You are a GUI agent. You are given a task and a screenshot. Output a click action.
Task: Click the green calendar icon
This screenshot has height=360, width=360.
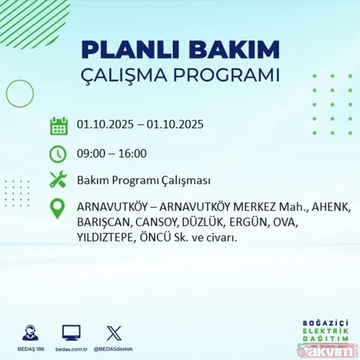tap(58, 126)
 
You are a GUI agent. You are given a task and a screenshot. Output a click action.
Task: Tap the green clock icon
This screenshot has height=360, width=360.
tap(58, 154)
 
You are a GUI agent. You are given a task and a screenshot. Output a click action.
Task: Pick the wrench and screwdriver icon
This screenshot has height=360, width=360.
tap(58, 179)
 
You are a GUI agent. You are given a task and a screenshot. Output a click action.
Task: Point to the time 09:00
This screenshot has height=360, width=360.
tap(91, 154)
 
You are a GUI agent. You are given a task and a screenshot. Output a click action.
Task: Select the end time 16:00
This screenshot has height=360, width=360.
tap(133, 154)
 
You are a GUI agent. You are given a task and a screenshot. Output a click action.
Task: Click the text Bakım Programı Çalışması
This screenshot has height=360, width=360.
tap(143, 181)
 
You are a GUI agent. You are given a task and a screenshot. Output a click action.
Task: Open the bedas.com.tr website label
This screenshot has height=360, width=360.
tap(71, 348)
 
